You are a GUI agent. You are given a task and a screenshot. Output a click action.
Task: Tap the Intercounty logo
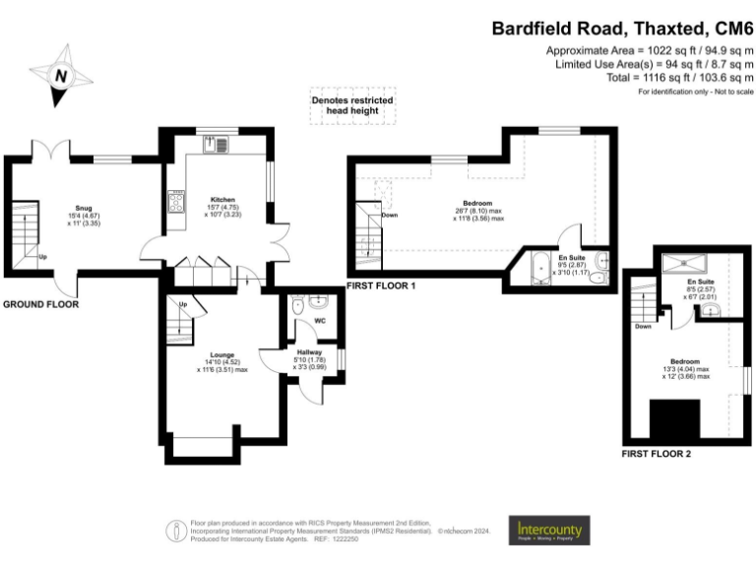549,531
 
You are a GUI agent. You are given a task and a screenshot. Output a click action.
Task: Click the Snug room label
84,209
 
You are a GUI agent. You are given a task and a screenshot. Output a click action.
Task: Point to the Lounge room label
221,354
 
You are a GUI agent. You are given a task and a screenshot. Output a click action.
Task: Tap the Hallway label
309,351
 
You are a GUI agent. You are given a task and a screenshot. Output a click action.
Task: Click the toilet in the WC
299,307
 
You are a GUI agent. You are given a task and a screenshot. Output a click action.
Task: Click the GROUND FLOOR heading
40,305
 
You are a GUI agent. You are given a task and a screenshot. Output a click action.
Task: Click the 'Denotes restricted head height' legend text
352,105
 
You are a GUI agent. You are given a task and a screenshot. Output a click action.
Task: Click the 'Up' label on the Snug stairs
43,258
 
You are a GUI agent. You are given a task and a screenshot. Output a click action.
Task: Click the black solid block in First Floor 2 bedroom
674,419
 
